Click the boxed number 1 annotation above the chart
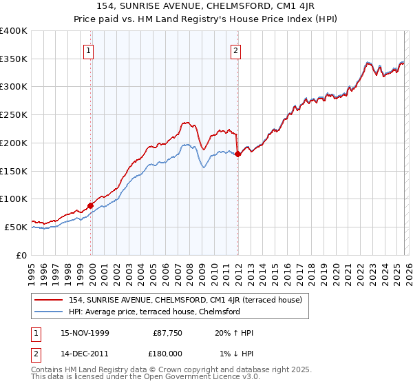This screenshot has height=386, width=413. pos(90,50)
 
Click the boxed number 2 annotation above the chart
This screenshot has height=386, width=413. pos(236,50)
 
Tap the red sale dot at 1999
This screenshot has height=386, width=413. pos(90,205)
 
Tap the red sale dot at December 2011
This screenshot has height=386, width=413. pos(237,154)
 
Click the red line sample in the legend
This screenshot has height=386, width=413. pos(48,299)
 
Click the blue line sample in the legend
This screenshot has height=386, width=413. pos(48,312)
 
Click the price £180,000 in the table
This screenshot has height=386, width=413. pos(168,353)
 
